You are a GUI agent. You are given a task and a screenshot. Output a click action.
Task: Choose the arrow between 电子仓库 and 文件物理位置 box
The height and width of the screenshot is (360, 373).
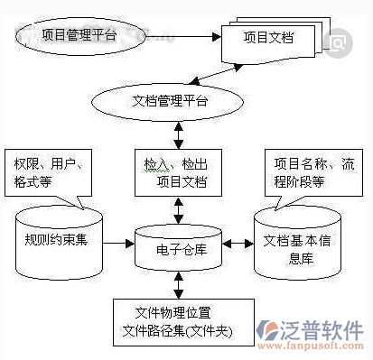[178, 285]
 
